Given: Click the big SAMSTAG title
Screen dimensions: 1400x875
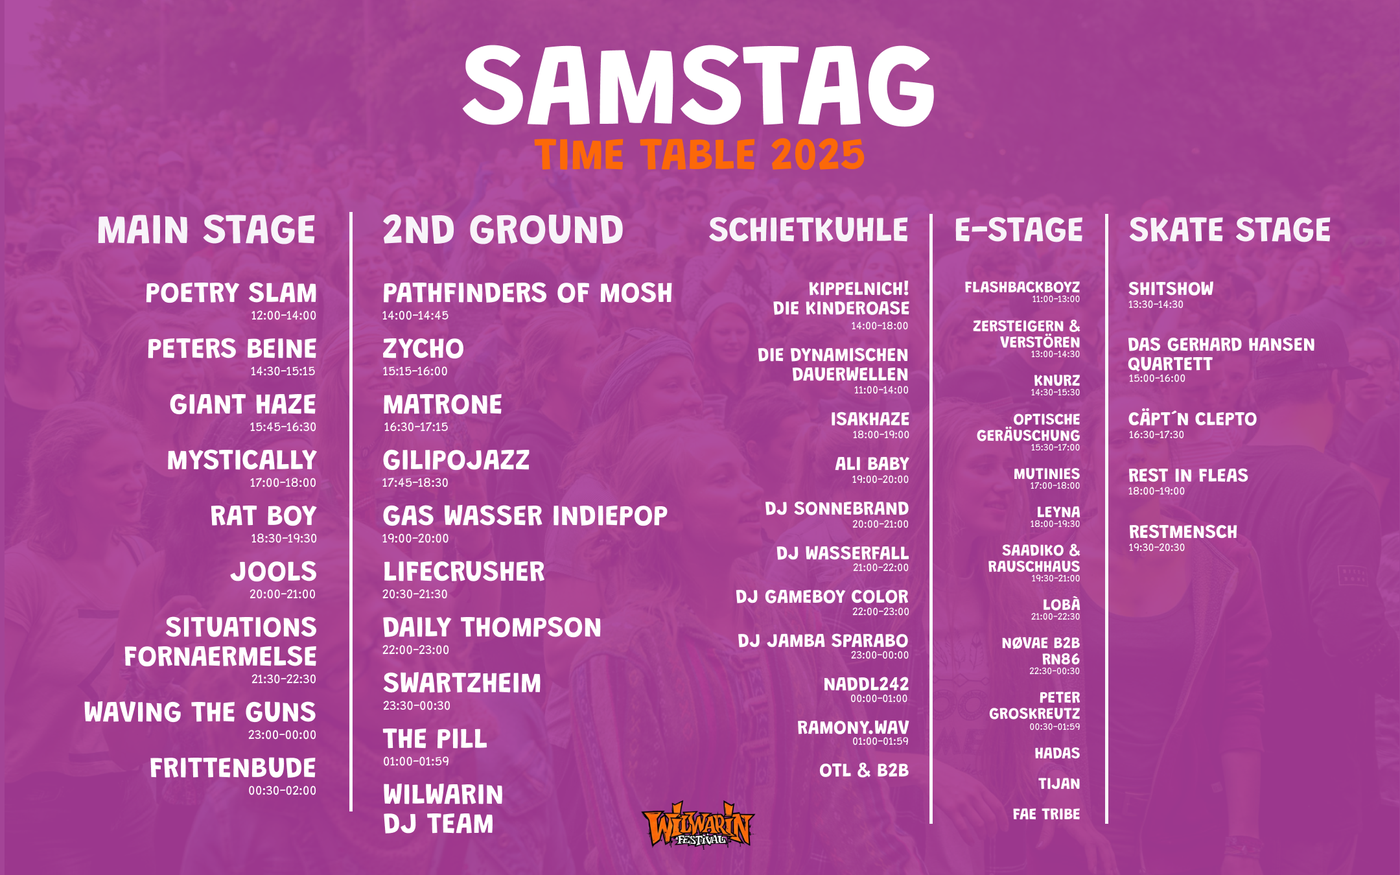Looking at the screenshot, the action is pyautogui.click(x=699, y=86).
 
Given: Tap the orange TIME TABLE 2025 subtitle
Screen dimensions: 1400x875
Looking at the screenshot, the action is pyautogui.click(x=700, y=155).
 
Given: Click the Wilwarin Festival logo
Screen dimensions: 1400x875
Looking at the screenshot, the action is pyautogui.click(x=698, y=824).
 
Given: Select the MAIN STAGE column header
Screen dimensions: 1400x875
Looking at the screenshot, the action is pyautogui.click(x=206, y=230).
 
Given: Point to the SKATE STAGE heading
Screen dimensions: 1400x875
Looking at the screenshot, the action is pyautogui.click(x=1230, y=230).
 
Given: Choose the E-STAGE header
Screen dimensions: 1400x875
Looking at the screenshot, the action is pyautogui.click(x=1018, y=230).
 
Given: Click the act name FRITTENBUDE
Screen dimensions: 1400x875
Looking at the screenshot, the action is pyautogui.click(x=233, y=768).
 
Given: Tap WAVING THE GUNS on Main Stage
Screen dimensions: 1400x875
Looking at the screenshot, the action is pyautogui.click(x=200, y=712).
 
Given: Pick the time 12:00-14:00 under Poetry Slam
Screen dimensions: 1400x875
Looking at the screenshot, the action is pyautogui.click(x=283, y=316).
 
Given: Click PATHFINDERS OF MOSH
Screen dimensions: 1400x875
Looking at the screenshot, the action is pyautogui.click(x=528, y=293).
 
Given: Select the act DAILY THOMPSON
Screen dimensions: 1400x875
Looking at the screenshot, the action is pyautogui.click(x=492, y=627).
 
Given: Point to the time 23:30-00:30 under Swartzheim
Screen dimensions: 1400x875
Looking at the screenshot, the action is pyautogui.click(x=416, y=706).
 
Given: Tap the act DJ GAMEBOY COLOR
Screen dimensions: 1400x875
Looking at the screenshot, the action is pyautogui.click(x=822, y=596).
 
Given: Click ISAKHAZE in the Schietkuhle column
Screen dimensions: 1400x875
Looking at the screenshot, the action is pyautogui.click(x=870, y=419).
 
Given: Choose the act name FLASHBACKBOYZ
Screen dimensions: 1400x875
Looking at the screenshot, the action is pyautogui.click(x=1022, y=287).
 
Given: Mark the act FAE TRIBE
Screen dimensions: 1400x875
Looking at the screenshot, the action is pyautogui.click(x=1046, y=814).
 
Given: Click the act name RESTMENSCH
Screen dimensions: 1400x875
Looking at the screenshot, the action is pyautogui.click(x=1183, y=531).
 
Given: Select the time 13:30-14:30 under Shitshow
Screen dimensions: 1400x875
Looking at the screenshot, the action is pyautogui.click(x=1156, y=305).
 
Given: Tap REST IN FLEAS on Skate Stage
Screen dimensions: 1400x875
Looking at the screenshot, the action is pyautogui.click(x=1188, y=475).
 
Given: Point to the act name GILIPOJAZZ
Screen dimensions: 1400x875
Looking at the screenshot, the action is pyautogui.click(x=456, y=460).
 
